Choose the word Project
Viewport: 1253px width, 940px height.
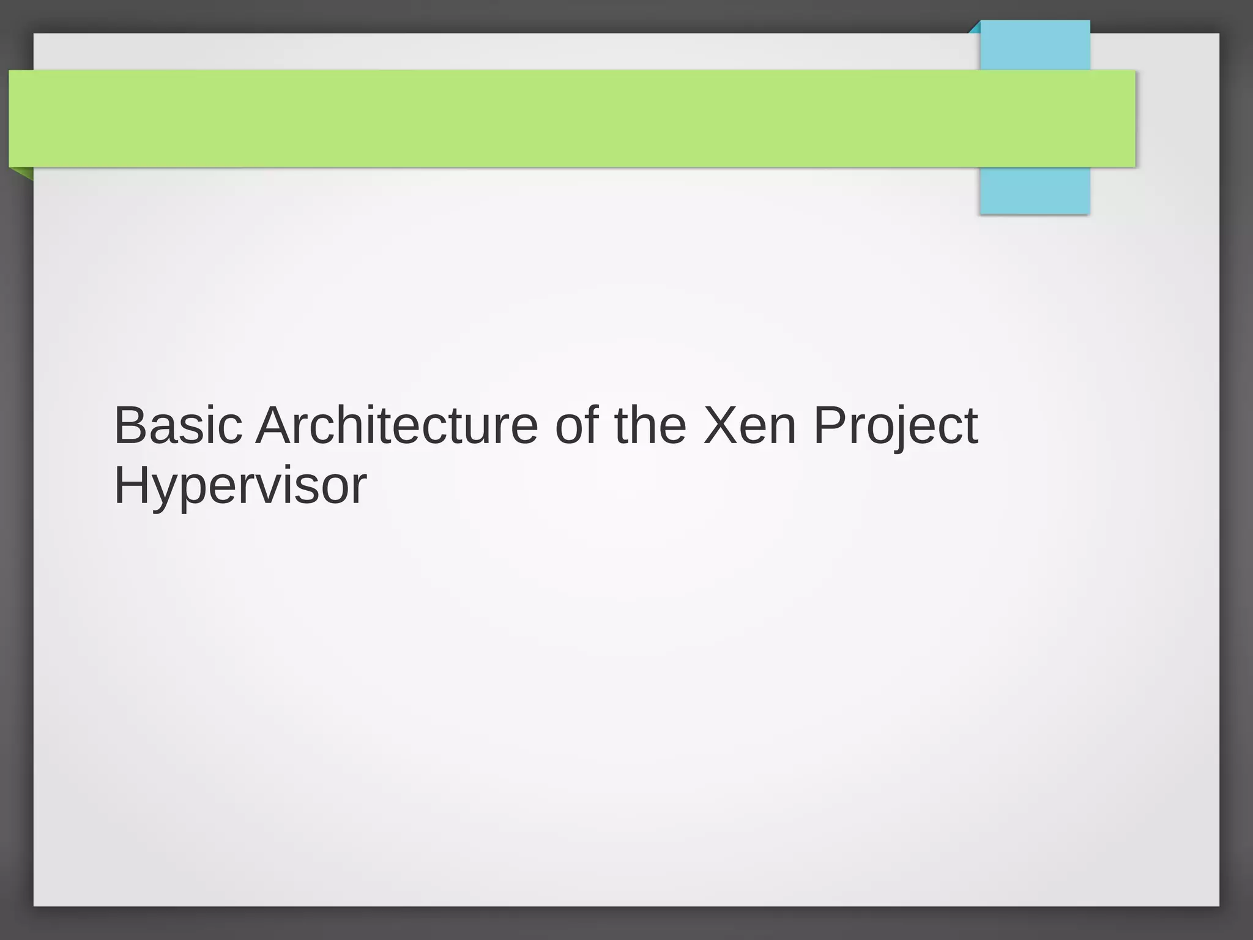click(x=895, y=427)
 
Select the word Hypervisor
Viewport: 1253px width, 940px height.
click(x=240, y=486)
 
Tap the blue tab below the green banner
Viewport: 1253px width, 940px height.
click(x=1035, y=190)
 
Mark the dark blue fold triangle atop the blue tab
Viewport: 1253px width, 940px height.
click(x=975, y=28)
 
